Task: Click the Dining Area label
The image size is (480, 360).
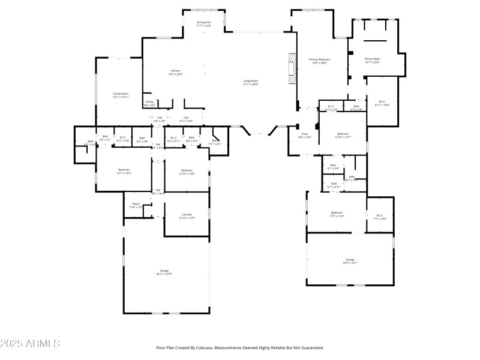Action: click(204, 22)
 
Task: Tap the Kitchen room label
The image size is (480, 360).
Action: click(175, 71)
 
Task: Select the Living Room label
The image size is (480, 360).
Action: click(251, 81)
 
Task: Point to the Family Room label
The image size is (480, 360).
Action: click(121, 94)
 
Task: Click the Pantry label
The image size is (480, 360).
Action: click(149, 101)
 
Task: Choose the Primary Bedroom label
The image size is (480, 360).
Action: click(320, 59)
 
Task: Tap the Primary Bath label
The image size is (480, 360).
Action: click(373, 59)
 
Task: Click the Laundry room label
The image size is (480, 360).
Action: click(187, 214)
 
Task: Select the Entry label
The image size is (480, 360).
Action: click(305, 134)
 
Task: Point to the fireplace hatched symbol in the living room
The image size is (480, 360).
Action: click(292, 68)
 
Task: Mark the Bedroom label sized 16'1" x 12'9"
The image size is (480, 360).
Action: click(124, 170)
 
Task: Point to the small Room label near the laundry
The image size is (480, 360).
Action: click(136, 204)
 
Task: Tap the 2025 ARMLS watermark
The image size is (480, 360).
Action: click(30, 344)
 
